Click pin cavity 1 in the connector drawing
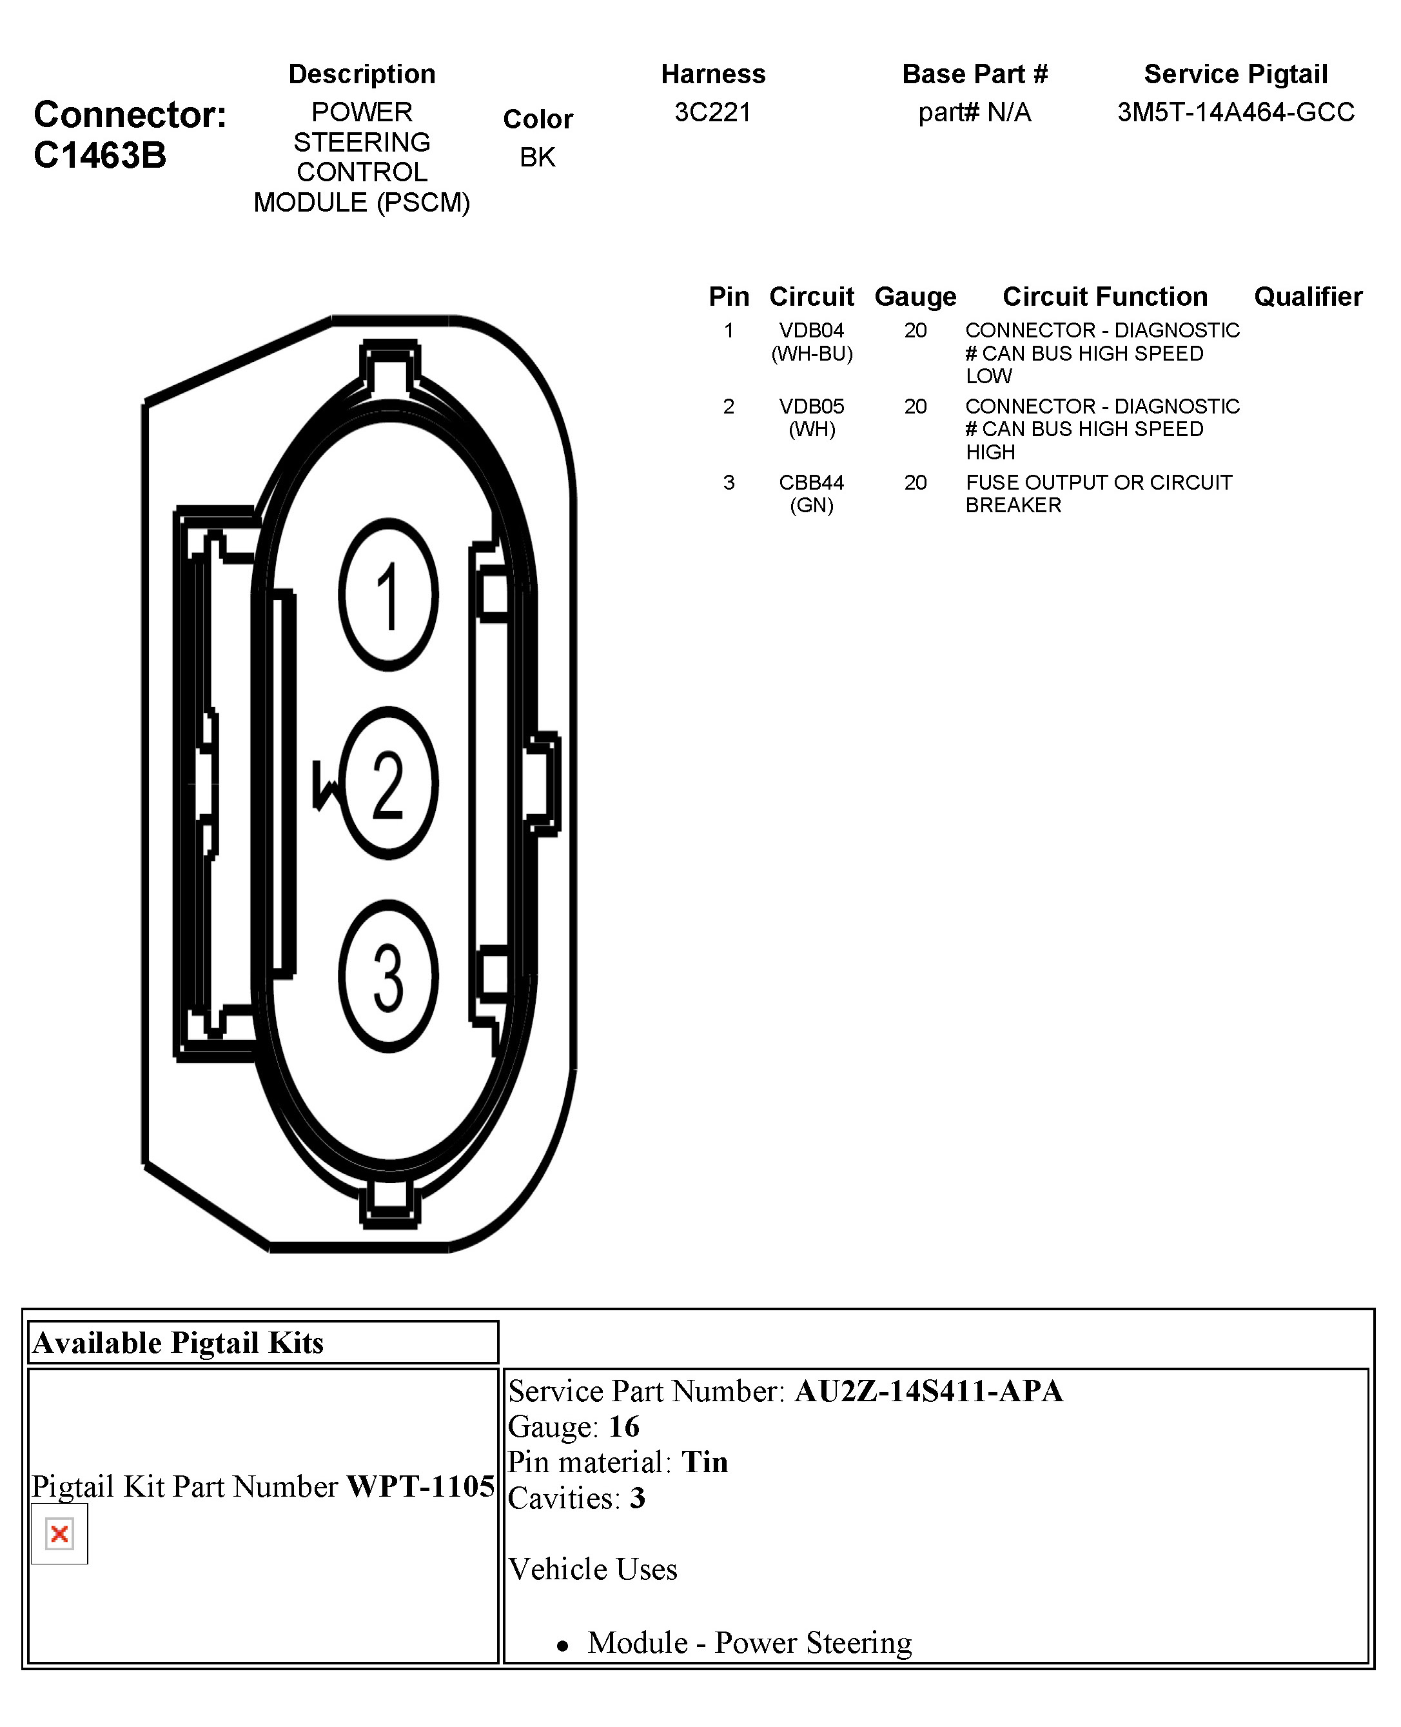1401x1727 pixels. click(388, 595)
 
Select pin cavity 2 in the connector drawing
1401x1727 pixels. click(388, 783)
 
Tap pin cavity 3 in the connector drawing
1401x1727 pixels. click(388, 976)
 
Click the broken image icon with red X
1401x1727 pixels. click(59, 1533)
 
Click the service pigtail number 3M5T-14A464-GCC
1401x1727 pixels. click(1235, 112)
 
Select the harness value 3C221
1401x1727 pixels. click(712, 112)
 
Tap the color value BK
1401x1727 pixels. click(538, 157)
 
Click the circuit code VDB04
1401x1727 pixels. click(811, 330)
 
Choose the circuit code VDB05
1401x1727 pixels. click(811, 406)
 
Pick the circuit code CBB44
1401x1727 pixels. click(811, 482)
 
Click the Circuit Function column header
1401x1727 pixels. click(1105, 296)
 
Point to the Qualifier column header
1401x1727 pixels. click(1308, 296)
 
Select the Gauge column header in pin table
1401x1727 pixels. click(915, 296)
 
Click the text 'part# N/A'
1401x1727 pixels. click(975, 112)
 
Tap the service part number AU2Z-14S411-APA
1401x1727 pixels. click(928, 1391)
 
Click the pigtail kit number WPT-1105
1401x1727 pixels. click(420, 1486)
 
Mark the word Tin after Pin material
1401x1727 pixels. click(705, 1462)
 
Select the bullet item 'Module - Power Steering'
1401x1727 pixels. click(749, 1642)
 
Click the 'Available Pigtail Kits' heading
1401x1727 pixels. click(179, 1343)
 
